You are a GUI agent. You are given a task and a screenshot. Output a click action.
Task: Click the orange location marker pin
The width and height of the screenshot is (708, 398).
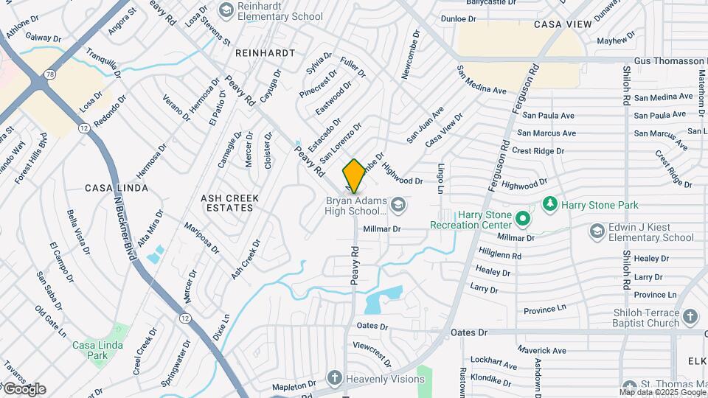point(354,175)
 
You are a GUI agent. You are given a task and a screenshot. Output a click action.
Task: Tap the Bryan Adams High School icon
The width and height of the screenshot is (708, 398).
point(398,204)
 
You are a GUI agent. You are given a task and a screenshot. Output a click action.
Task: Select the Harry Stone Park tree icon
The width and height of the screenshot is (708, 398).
point(549,203)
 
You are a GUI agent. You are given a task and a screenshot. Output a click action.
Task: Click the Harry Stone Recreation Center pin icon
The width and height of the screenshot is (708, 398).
point(523,219)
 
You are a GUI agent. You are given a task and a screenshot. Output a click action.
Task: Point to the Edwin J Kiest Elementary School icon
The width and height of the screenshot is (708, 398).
point(597,231)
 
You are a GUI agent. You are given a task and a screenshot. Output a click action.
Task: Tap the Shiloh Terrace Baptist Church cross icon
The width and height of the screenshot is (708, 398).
point(690,318)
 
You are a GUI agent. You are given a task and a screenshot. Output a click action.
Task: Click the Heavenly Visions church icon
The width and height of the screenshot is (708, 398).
point(334,379)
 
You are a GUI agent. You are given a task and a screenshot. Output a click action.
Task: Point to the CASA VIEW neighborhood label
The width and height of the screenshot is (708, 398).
point(563,24)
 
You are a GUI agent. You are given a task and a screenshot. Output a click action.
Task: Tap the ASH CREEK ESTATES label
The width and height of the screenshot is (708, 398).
point(227,203)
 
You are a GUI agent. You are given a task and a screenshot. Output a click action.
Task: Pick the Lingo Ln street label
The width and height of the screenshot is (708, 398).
point(441,179)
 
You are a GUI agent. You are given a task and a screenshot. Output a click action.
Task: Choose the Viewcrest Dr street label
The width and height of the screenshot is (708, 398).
point(372,352)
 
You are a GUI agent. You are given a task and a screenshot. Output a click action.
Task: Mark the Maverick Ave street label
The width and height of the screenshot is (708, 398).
point(541,350)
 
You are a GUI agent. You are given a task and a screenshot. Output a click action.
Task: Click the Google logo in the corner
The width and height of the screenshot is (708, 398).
point(24,388)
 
